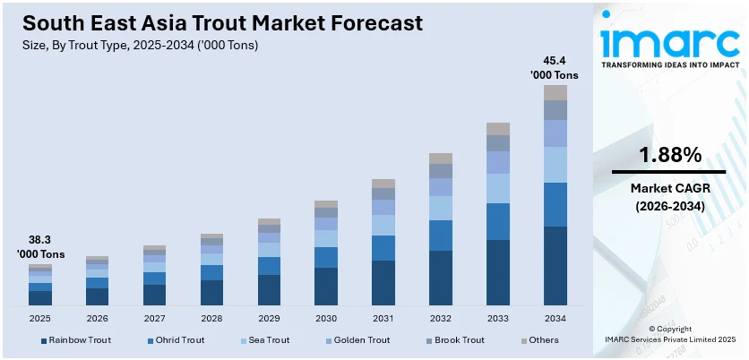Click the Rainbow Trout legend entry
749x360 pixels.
point(75,340)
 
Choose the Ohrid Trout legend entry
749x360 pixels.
point(175,340)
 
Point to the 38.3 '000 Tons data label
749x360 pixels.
point(39,247)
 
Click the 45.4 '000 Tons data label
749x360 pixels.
point(555,68)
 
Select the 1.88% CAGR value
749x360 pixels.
point(669,155)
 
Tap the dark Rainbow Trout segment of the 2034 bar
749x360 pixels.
point(555,265)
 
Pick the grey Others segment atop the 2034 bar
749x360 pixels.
point(555,92)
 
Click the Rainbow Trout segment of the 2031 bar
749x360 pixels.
point(383,283)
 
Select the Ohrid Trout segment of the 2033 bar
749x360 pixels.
point(498,221)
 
